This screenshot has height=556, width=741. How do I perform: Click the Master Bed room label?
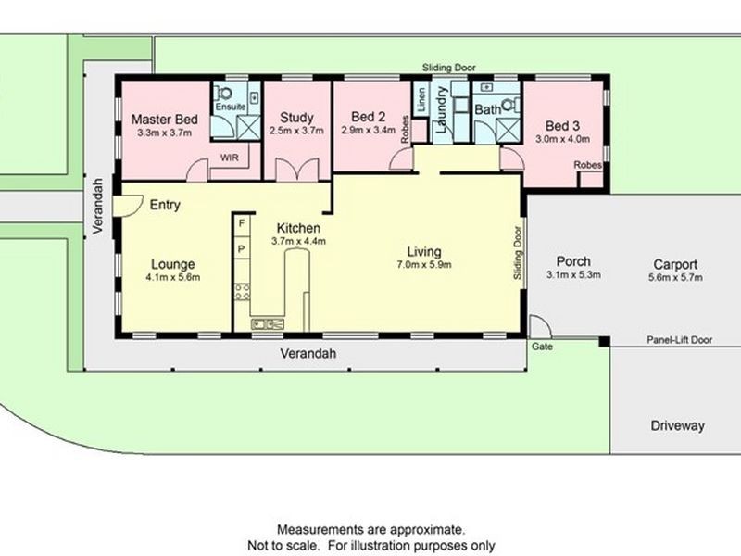[x=164, y=120]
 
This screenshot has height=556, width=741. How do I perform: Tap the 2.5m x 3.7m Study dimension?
[x=296, y=131]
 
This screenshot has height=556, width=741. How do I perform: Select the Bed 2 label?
[x=368, y=117]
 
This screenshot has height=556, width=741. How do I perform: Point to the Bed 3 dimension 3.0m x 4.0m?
[x=562, y=139]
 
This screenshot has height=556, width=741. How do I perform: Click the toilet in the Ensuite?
[x=225, y=94]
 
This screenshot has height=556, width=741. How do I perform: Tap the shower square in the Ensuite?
[x=248, y=127]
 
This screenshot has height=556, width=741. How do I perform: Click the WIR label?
[x=229, y=158]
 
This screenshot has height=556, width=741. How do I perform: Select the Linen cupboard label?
[x=422, y=100]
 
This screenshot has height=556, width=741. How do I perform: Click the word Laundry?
[x=441, y=110]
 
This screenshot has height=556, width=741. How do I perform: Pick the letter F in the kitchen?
[x=242, y=223]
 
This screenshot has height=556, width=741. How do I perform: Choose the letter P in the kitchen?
[x=242, y=249]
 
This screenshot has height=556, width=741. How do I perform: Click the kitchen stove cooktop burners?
[x=243, y=291]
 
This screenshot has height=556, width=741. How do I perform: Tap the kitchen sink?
[x=268, y=323]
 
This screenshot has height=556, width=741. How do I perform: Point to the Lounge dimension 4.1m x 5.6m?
[x=173, y=277]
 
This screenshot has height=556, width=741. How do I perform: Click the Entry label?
[x=165, y=205]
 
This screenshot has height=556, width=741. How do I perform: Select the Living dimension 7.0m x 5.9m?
[x=424, y=265]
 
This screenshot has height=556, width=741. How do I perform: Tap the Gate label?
[x=542, y=347]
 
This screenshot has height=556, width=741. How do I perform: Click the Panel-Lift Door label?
[x=680, y=339]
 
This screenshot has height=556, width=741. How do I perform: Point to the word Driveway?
[x=678, y=425]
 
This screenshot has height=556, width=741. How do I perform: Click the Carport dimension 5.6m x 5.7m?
[x=675, y=277]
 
